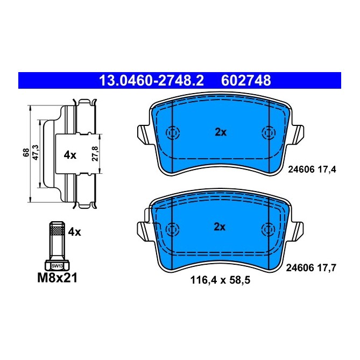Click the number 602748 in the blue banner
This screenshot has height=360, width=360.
(x=245, y=81)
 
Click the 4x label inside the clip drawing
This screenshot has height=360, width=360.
(x=70, y=155)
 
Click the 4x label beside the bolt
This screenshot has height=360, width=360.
(x=74, y=232)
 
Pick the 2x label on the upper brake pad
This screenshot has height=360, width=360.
(x=220, y=132)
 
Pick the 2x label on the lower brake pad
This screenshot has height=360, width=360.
(x=220, y=227)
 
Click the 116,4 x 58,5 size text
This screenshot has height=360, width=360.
(x=220, y=280)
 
